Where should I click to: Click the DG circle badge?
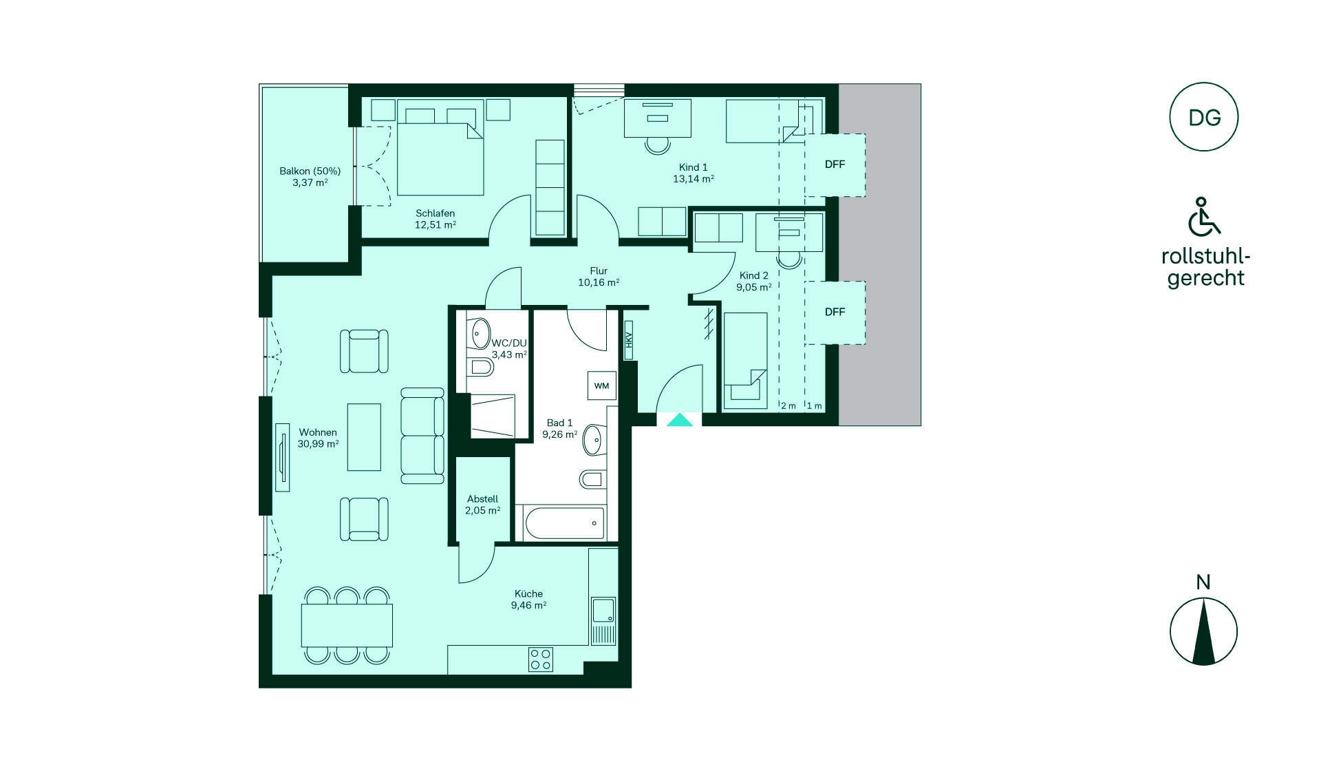click(x=1204, y=117)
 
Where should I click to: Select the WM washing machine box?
click(x=601, y=385)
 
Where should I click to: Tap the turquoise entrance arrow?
click(x=680, y=420)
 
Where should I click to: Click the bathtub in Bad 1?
click(x=565, y=523)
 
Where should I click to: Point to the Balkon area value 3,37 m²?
click(x=310, y=182)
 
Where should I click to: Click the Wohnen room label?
click(x=318, y=432)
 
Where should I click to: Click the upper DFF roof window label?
click(x=835, y=165)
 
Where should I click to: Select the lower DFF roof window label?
click(x=835, y=312)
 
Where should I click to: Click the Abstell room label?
click(x=482, y=499)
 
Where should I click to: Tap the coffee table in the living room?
click(x=364, y=437)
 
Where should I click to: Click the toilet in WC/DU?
click(x=480, y=369)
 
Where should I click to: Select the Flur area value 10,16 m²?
click(x=599, y=282)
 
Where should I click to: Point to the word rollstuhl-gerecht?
click(x=1205, y=267)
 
